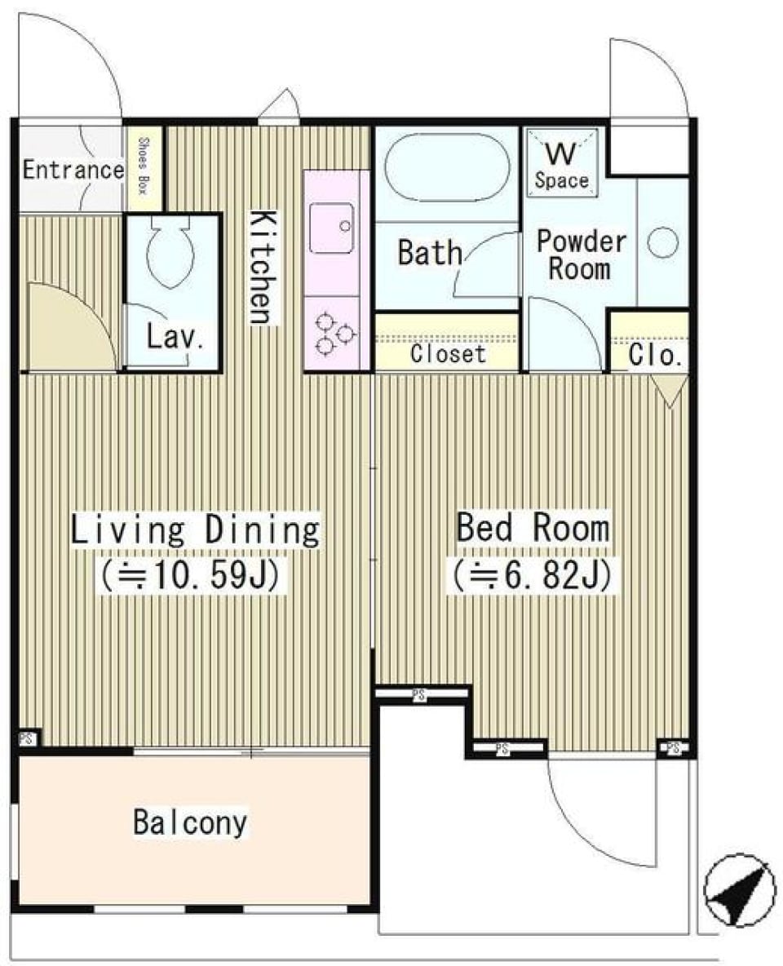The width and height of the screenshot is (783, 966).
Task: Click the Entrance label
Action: (x=73, y=171)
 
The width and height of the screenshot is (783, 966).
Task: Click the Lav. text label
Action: (x=175, y=336)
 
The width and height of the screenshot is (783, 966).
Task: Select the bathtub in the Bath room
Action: (x=446, y=167)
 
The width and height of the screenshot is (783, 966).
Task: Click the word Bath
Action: (x=429, y=253)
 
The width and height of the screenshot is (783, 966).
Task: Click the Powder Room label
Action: (x=580, y=255)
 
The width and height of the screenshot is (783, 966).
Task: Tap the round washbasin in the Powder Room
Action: (x=662, y=242)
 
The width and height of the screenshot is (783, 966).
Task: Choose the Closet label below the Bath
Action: (x=448, y=354)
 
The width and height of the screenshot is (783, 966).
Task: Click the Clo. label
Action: (x=655, y=355)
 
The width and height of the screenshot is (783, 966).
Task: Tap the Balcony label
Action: (x=190, y=822)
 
